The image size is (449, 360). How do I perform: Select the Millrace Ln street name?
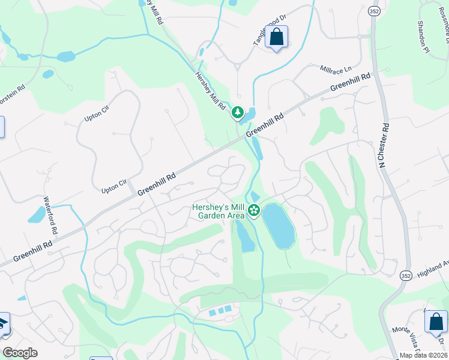pyautogui.click(x=334, y=69)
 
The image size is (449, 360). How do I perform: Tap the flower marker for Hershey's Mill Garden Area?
pyautogui.click(x=254, y=210)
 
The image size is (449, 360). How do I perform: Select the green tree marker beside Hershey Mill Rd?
pyautogui.click(x=238, y=112)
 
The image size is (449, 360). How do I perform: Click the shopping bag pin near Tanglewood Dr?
pyautogui.click(x=276, y=37)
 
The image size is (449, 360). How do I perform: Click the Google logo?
pyautogui.click(x=20, y=353)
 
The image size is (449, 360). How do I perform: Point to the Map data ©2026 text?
pyautogui.click(x=423, y=355)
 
